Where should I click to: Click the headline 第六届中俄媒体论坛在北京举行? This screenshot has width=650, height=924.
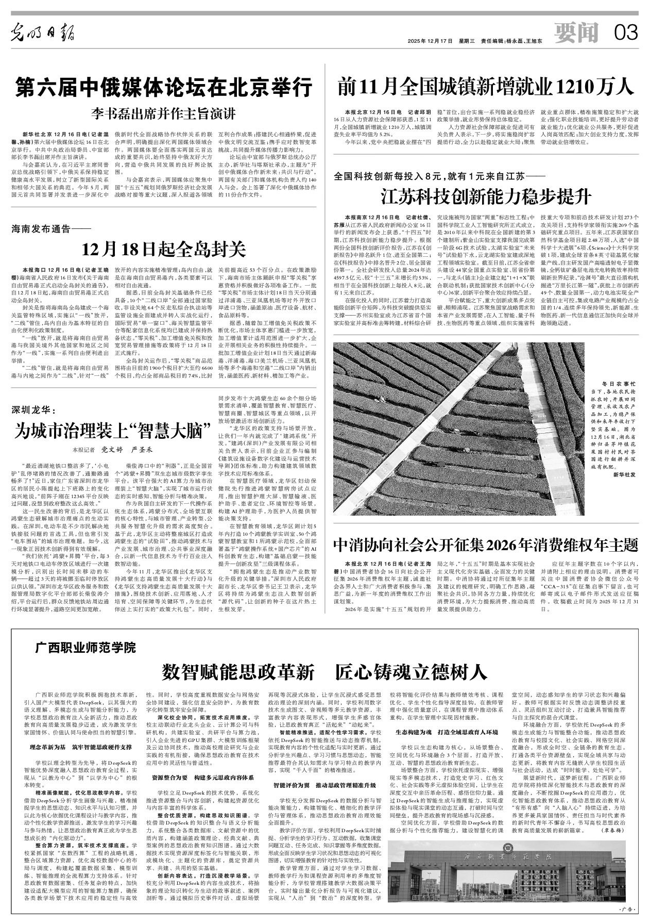[x=163, y=86]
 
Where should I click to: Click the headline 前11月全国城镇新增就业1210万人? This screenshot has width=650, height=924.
[x=486, y=86]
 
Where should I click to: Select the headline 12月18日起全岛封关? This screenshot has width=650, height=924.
[x=163, y=250]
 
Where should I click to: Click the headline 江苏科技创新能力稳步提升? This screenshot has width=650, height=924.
[x=486, y=196]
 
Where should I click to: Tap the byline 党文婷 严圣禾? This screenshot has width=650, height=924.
[x=123, y=450]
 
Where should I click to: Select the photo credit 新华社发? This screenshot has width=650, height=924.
[x=625, y=487]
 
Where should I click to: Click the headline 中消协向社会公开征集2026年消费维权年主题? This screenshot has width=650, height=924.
[x=486, y=543]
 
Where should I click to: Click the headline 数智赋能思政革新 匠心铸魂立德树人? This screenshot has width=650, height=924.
[x=324, y=672]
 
